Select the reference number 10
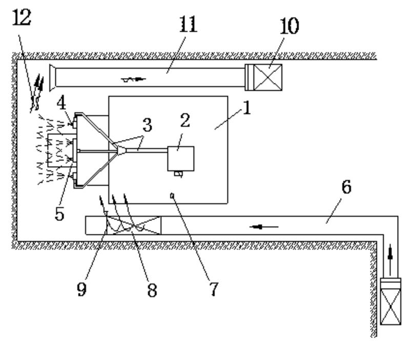(x=290, y=25)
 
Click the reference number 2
(x=184, y=121)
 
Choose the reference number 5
(x=60, y=213)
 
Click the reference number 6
(x=346, y=188)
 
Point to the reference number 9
(x=81, y=289)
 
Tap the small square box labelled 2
(x=181, y=158)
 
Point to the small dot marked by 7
(x=174, y=194)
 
